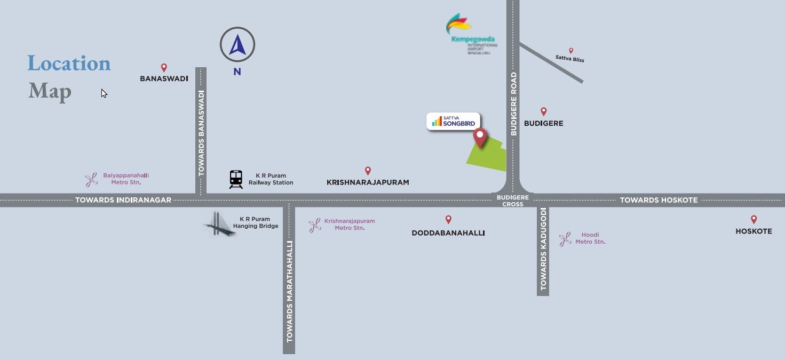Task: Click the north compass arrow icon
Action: click(237, 45)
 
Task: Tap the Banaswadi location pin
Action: click(164, 68)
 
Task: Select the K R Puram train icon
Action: click(236, 179)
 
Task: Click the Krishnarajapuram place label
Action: click(368, 182)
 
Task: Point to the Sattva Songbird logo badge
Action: click(454, 122)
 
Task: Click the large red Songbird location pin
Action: click(480, 137)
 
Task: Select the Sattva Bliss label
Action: click(569, 59)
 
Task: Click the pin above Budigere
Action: click(543, 111)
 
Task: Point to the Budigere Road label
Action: click(514, 104)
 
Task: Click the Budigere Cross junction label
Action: click(512, 201)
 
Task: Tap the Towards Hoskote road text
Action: click(659, 200)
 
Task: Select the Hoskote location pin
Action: click(754, 219)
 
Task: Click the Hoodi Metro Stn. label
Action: click(590, 238)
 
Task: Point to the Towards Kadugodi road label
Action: click(543, 249)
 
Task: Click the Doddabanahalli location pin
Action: click(448, 219)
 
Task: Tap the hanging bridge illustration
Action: click(219, 224)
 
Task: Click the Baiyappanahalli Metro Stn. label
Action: click(126, 179)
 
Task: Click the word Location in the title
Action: click(69, 63)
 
